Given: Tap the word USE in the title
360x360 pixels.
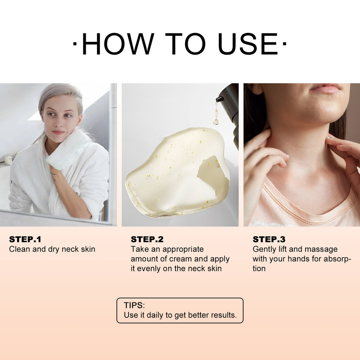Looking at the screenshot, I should coord(248,45).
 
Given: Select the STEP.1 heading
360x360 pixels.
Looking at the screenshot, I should coord(25,239).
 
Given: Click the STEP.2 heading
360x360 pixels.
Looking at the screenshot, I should coord(147,239).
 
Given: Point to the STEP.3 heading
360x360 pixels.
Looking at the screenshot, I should coord(269,239).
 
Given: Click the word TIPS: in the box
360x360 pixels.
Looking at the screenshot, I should coord(134,305).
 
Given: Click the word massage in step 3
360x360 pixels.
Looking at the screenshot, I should coord(321,249).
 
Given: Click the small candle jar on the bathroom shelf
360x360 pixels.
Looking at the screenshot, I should coord(8,160).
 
